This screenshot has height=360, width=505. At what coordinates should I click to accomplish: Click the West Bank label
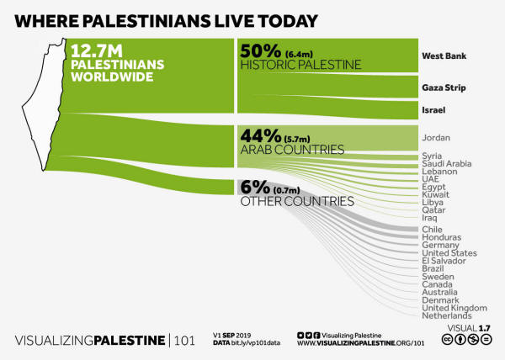click(443, 57)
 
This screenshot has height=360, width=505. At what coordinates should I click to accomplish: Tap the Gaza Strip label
click(444, 87)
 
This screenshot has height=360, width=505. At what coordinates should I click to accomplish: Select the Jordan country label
click(437, 137)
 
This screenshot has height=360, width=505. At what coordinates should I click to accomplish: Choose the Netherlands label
click(446, 315)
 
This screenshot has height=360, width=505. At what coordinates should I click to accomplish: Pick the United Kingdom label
click(453, 308)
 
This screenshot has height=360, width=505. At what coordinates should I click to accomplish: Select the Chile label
click(432, 229)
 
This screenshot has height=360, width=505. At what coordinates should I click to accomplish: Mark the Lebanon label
click(440, 171)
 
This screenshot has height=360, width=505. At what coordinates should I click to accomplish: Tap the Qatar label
click(433, 210)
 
